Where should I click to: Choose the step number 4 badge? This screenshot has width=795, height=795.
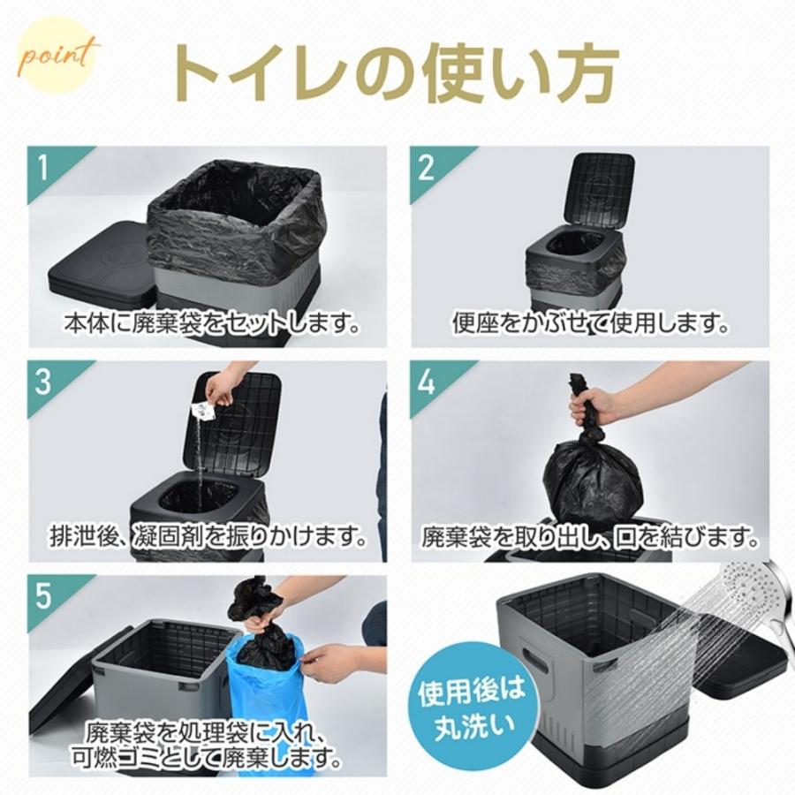[428, 382]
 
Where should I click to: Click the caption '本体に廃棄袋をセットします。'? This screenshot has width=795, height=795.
[212, 323]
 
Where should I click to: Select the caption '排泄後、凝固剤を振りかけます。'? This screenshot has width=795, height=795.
[208, 535]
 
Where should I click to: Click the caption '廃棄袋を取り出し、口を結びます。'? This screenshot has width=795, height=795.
[590, 535]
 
